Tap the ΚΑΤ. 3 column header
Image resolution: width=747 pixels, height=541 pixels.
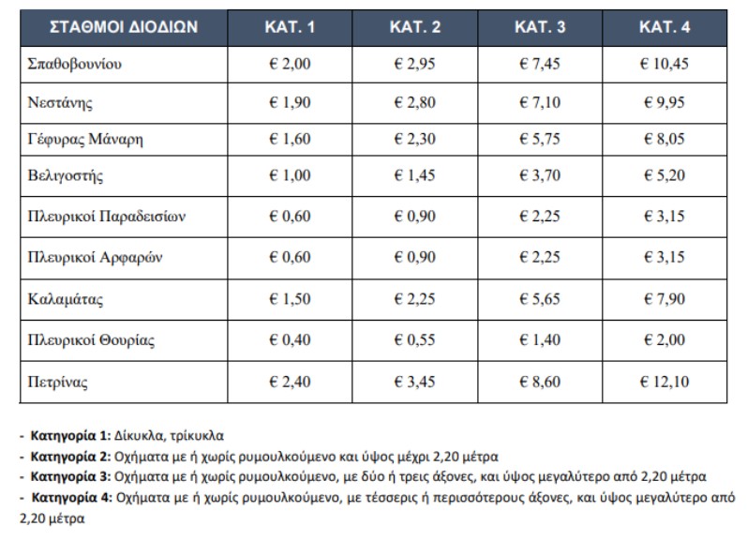click(x=540, y=25)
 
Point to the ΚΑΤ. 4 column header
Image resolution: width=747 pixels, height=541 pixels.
click(x=665, y=25)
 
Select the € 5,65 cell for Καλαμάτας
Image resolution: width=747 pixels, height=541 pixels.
click(x=540, y=300)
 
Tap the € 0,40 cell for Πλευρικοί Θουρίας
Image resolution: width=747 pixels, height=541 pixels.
click(x=289, y=339)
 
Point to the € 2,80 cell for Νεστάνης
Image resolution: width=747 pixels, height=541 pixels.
click(x=415, y=103)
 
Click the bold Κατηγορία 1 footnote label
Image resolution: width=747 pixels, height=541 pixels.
click(x=71, y=436)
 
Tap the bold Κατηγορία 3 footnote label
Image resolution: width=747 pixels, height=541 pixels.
click(x=71, y=475)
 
